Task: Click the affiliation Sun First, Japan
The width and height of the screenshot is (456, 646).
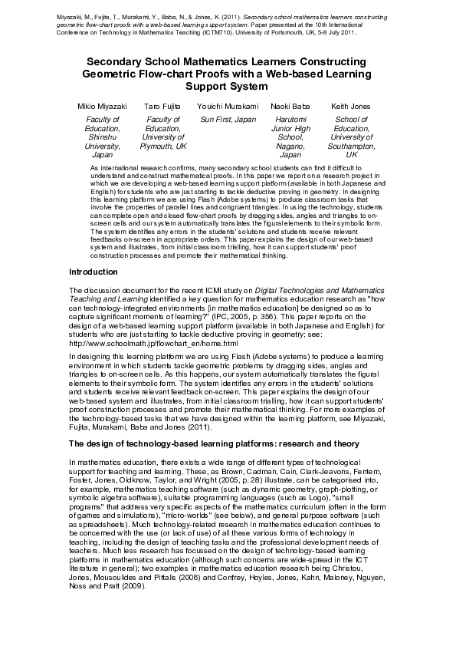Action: click(228, 120)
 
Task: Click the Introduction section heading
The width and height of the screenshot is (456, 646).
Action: click(93, 272)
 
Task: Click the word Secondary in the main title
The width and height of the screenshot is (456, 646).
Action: click(120, 61)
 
